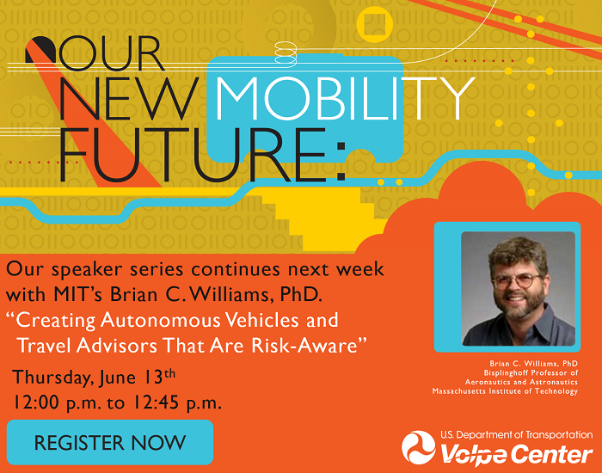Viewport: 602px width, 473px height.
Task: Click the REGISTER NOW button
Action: [x=109, y=443]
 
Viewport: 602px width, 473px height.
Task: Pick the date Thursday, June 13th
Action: [x=95, y=377]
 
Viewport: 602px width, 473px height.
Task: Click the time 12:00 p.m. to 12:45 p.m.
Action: [x=117, y=402]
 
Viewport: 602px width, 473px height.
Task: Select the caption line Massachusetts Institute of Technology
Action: [x=505, y=391]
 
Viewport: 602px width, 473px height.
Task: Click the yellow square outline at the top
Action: [x=375, y=22]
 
